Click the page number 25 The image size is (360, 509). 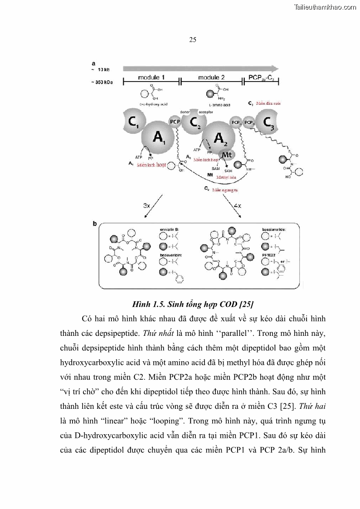[192, 40]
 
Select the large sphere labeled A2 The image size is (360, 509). [219, 137]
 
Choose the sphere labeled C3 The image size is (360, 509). [268, 122]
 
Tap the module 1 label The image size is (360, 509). [151, 78]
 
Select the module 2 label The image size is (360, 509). [211, 78]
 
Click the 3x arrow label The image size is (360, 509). [146, 205]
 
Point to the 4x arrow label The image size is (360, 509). [237, 205]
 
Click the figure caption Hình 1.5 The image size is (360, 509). [192, 303]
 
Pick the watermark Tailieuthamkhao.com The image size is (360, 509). [325, 7]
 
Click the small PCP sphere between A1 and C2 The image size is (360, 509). [175, 122]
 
